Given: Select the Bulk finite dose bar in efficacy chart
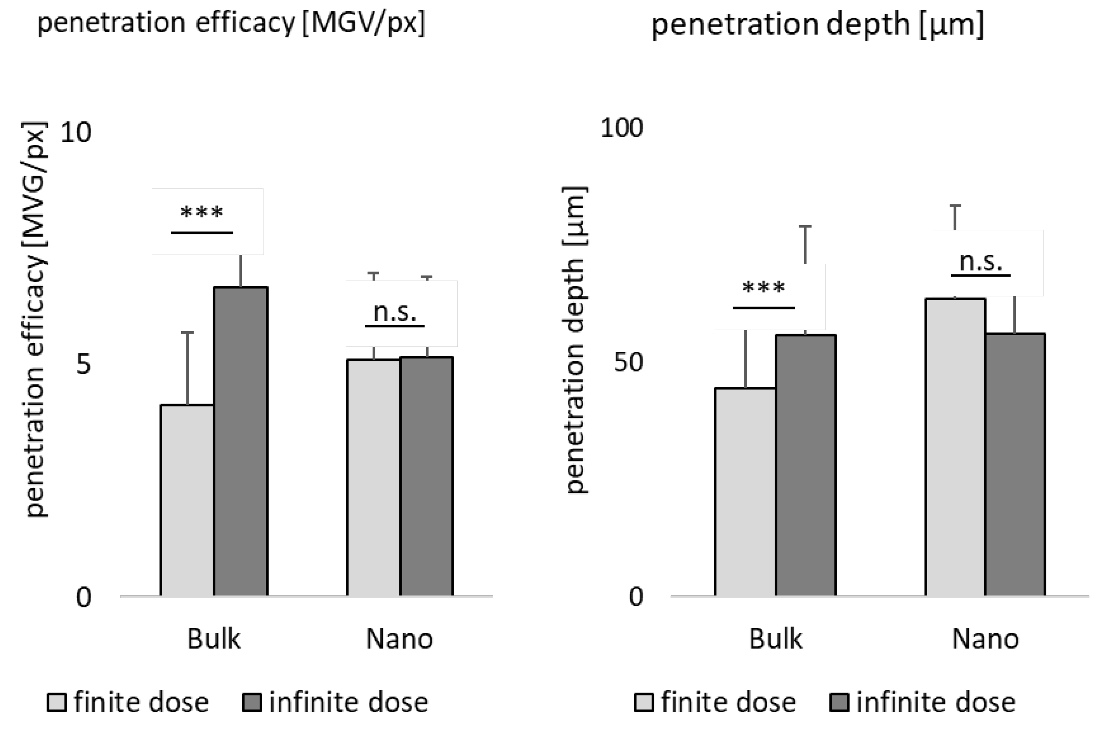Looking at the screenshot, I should pos(187,500).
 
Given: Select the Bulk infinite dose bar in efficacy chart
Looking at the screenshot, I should pos(241,441).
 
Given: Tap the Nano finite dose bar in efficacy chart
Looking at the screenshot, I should pos(373,477).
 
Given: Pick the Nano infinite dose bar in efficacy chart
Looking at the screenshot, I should pos(427,476).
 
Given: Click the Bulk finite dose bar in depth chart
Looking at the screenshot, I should pos(745,492).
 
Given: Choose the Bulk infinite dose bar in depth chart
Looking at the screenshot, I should pos(805,465).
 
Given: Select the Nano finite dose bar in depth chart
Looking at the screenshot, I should pos(955,447).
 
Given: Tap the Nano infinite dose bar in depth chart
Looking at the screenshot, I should pos(1015,464).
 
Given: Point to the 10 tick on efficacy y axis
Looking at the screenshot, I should pos(76,133).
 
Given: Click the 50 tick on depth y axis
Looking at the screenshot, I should pos(628,362).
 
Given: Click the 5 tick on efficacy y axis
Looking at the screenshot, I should pos(83,364).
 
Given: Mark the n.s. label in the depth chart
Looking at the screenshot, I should pos(980,262).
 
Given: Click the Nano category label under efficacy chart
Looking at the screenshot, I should pos(399,639).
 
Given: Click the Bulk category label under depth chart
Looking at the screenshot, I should pos(775,639).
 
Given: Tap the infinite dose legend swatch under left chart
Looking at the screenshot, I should pos(251,703).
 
